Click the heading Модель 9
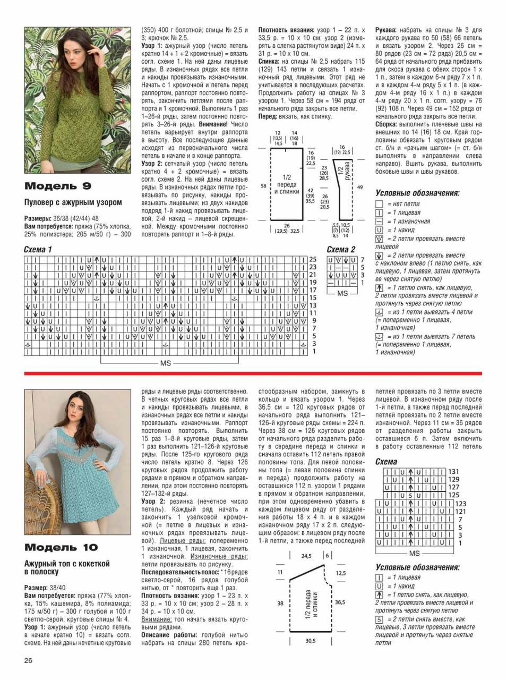click(58, 186)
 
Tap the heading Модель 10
click(61, 548)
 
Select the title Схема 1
click(38, 250)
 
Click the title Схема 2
click(341, 250)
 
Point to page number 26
click(29, 661)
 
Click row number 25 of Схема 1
click(313, 260)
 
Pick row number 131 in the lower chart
click(454, 472)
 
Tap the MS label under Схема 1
click(166, 363)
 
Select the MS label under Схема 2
click(342, 293)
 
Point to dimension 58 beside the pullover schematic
click(263, 186)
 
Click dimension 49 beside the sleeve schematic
click(360, 187)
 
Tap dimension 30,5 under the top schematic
click(310, 641)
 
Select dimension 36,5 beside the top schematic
click(340, 602)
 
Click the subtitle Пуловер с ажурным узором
click(73, 202)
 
